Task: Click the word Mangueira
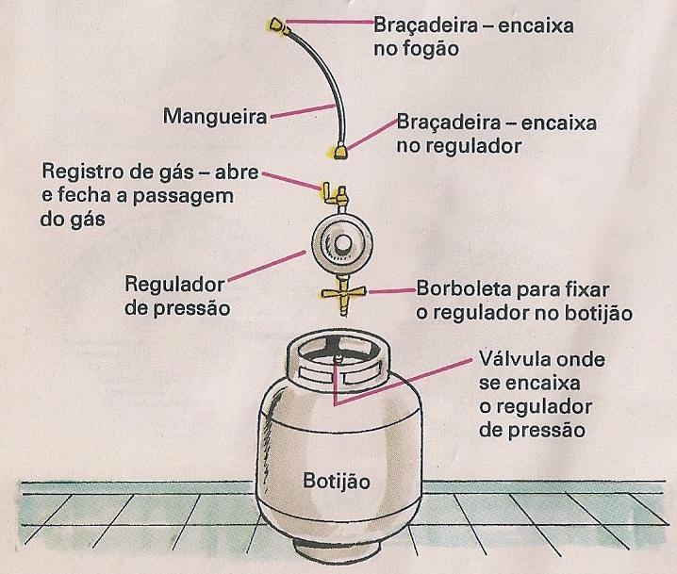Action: pos(214,118)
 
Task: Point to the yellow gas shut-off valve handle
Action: pos(331,194)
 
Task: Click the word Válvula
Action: pos(510,361)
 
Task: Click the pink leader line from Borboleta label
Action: pos(387,291)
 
